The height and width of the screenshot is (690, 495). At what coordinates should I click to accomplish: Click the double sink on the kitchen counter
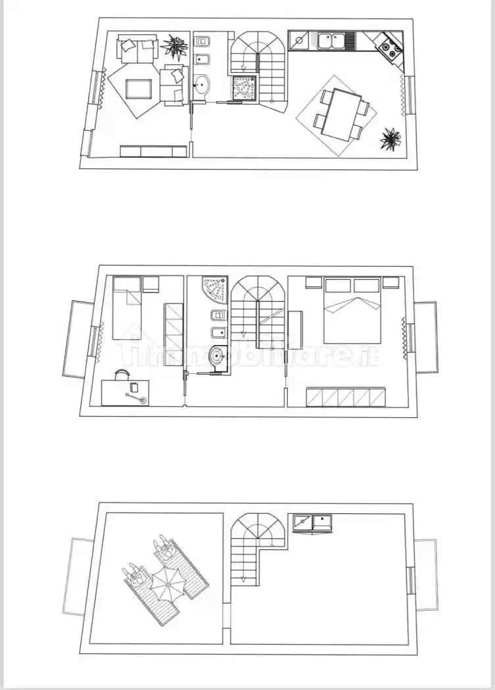[x=336, y=41]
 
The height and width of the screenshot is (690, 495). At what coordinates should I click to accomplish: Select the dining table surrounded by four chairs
[x=342, y=114]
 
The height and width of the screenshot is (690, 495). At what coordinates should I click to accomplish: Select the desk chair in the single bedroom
[x=122, y=375]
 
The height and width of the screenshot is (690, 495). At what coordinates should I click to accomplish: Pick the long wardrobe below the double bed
[x=345, y=398]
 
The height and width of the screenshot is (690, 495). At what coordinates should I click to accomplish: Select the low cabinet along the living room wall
[x=153, y=151]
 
